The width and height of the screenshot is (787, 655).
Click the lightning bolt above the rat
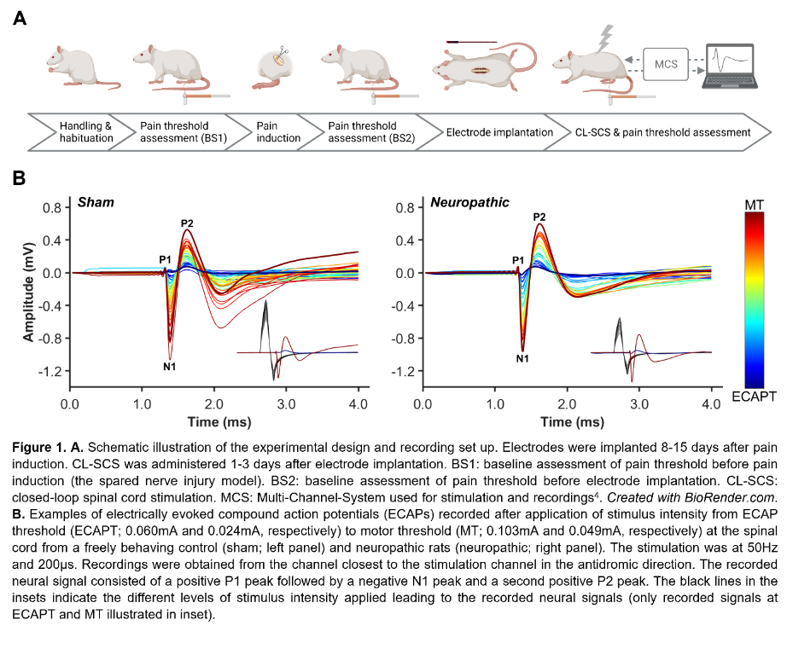pyautogui.click(x=607, y=37)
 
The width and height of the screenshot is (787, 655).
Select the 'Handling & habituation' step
pyautogui.click(x=85, y=132)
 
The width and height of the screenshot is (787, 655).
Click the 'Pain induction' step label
pyautogui.click(x=278, y=132)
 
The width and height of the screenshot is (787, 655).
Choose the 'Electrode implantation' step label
pyautogui.click(x=499, y=132)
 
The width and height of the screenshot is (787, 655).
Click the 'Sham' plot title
pyautogui.click(x=96, y=202)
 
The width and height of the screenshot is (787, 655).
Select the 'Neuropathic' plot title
pyautogui.click(x=469, y=202)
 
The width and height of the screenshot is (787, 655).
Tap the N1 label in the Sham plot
pyautogui.click(x=169, y=367)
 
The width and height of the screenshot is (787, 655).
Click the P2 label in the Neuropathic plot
pyautogui.click(x=539, y=217)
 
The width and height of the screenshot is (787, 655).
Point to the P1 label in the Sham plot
pyautogui.click(x=165, y=258)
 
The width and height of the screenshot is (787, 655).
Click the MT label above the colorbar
pyautogui.click(x=755, y=205)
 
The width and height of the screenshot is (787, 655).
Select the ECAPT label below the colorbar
pyautogui.click(x=755, y=397)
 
